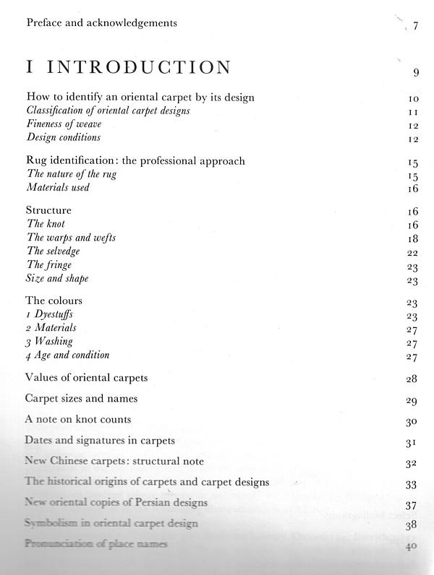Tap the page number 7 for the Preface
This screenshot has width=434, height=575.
pyautogui.click(x=416, y=27)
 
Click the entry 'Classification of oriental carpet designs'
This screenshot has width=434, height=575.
pyautogui.click(x=108, y=111)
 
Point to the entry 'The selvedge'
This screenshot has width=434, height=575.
pyautogui.click(x=53, y=251)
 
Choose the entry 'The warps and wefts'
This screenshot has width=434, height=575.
pyautogui.click(x=71, y=237)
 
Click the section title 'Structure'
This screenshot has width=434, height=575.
pyautogui.click(x=48, y=210)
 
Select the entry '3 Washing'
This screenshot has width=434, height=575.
pyautogui.click(x=49, y=341)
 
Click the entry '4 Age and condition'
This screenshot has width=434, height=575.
pyautogui.click(x=67, y=355)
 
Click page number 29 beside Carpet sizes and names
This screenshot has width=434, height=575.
pyautogui.click(x=412, y=400)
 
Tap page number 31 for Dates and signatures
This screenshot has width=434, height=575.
pyautogui.click(x=412, y=442)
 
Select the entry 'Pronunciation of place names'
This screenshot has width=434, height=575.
pyautogui.click(x=95, y=543)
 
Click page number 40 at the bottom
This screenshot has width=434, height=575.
pyautogui.click(x=412, y=546)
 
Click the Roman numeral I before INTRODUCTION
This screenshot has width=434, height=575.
pyautogui.click(x=29, y=68)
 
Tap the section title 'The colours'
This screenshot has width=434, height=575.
pyautogui.click(x=54, y=300)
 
